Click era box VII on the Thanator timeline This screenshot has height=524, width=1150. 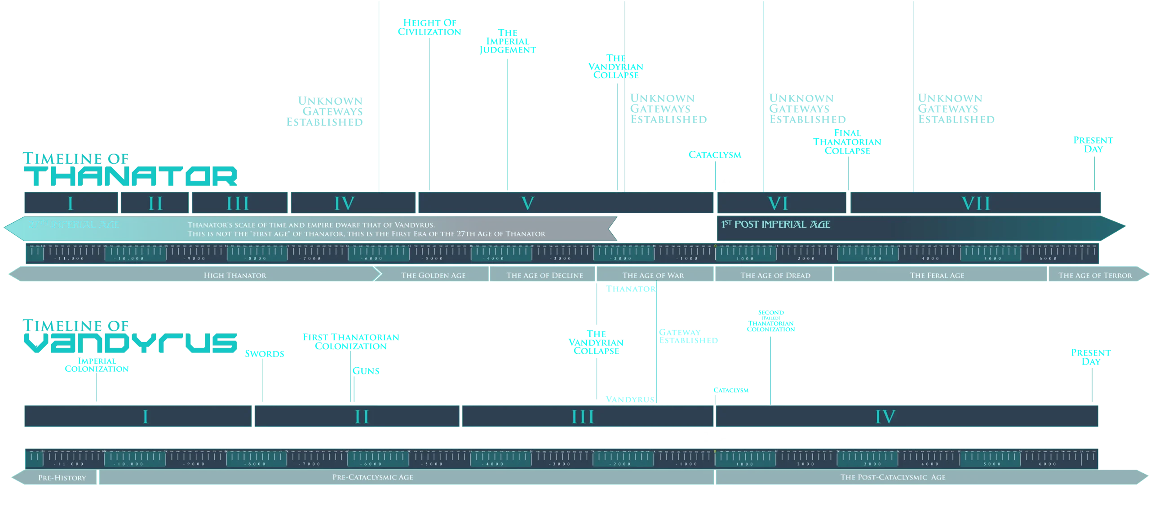click(976, 203)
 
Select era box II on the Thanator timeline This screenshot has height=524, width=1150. click(155, 203)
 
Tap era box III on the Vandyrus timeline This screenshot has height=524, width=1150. click(583, 417)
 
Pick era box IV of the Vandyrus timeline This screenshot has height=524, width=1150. click(885, 417)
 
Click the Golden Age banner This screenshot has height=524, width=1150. click(433, 275)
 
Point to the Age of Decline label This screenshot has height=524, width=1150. click(544, 275)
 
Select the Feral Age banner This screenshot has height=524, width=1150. click(937, 275)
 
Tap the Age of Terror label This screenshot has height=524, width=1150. click(1095, 275)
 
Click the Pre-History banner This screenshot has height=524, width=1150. click(62, 478)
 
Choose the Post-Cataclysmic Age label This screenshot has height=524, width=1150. click(893, 477)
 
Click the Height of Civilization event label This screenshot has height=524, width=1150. click(429, 27)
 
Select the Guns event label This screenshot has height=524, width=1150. click(366, 371)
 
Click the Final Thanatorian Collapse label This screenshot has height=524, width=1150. click(848, 141)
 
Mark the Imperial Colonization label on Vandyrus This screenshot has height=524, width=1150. click(97, 365)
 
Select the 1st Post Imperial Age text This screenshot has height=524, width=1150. click(776, 225)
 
